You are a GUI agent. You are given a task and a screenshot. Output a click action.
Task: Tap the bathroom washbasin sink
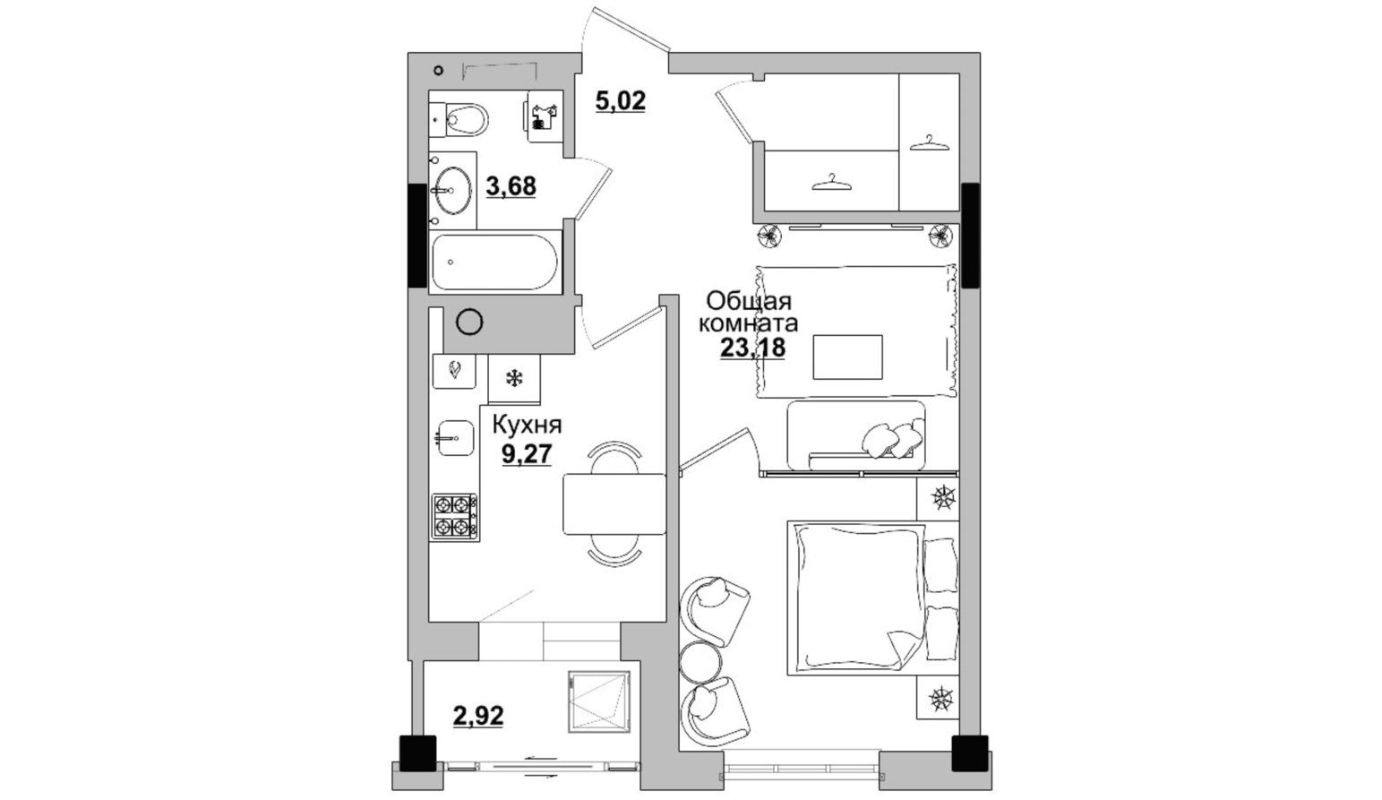tap(453, 190)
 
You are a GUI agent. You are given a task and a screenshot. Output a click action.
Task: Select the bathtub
tap(494, 262)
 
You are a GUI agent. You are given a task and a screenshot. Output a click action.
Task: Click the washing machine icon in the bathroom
tap(545, 116)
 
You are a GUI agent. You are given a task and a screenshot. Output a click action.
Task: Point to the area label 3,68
tap(511, 185)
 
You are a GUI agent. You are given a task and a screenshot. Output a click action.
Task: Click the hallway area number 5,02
tap(621, 100)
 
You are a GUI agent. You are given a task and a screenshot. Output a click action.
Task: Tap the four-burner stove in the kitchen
tap(455, 517)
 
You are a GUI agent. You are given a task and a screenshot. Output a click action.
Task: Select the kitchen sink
tap(455, 438)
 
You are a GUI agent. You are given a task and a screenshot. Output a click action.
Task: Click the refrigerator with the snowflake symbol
tap(514, 378)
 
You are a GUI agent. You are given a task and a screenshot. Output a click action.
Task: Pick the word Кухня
tap(527, 426)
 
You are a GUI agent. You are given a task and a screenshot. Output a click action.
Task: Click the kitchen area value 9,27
tap(527, 454)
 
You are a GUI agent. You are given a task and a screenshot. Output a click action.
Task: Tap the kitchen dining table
tap(614, 503)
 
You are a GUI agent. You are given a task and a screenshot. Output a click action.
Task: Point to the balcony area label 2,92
tap(478, 716)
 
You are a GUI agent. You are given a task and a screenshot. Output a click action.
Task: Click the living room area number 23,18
tap(752, 348)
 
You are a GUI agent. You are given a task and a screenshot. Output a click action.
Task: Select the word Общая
tap(749, 302)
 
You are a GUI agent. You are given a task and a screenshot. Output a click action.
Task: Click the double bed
tap(873, 598)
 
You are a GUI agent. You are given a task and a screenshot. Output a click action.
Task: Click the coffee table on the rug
tap(847, 357)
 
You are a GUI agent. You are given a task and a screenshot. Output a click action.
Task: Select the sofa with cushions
tap(856, 435)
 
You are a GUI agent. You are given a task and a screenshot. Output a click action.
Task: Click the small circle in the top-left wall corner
tap(439, 70)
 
